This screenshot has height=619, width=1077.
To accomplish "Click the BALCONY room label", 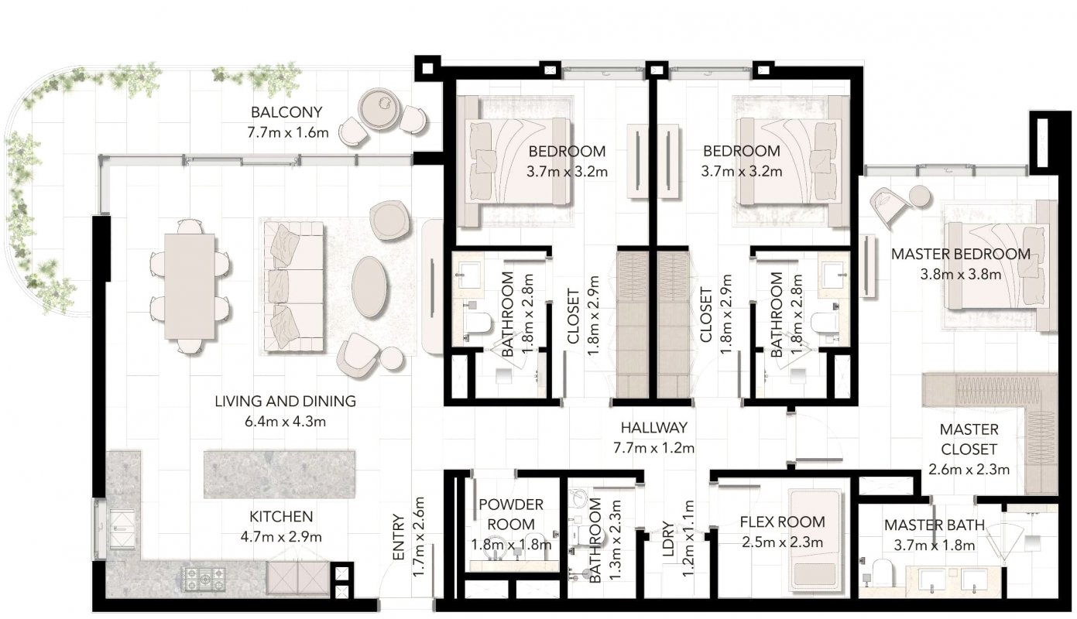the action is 286,112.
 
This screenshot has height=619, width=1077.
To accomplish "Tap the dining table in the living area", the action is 190,286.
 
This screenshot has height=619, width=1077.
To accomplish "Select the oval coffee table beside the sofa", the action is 369,287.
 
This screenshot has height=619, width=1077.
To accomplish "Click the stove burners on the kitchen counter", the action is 203,579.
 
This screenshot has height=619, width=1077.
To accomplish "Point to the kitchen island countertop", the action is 280,474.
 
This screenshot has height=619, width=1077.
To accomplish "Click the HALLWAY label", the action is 654,428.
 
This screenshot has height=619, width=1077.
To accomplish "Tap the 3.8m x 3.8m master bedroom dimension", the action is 961,275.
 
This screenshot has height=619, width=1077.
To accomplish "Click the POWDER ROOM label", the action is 511,515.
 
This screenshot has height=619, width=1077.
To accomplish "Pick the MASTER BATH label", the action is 935,525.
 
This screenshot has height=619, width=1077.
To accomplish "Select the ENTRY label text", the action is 399,537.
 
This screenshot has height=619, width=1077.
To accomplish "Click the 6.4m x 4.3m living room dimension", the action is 285,422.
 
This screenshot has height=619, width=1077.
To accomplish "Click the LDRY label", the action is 669,539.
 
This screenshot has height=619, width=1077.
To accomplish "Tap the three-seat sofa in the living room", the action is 293,286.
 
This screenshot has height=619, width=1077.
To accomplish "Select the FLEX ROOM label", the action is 782,522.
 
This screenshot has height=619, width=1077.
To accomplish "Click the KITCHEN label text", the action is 281,517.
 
